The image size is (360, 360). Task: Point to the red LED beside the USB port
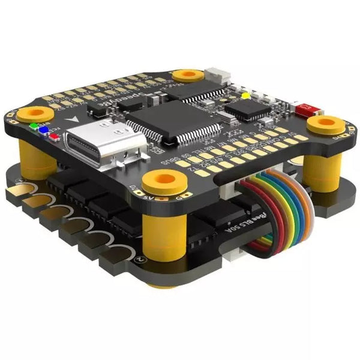pyautogui.click(x=53, y=136)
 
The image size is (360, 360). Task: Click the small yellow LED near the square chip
pyautogui.click(x=245, y=95)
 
